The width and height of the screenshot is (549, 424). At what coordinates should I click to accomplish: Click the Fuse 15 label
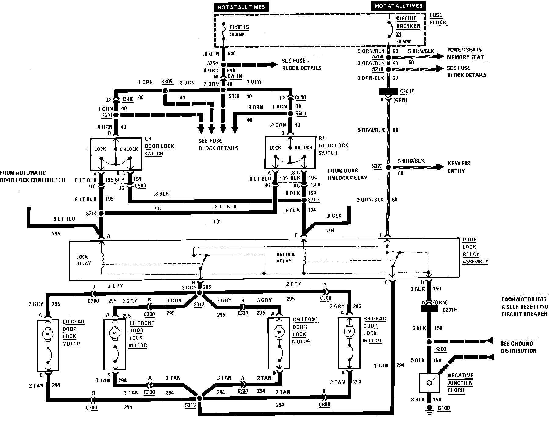tap(239, 27)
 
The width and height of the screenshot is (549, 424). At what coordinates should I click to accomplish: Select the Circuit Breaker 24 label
tap(408, 26)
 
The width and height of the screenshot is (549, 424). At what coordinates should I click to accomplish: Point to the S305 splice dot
tap(165, 90)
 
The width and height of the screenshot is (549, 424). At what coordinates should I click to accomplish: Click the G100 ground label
tap(443, 408)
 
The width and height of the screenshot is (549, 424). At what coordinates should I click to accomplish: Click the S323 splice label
tap(377, 166)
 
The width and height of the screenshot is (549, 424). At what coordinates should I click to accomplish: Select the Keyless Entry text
tap(459, 167)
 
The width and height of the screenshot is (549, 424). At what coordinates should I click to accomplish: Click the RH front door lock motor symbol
tap(279, 332)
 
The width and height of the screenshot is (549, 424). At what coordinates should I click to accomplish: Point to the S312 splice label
tap(199, 304)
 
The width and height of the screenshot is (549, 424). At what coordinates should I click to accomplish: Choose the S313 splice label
tap(190, 405)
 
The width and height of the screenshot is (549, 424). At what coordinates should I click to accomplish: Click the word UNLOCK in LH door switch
tap(129, 149)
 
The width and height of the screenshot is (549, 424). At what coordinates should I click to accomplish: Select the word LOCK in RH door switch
tap(275, 148)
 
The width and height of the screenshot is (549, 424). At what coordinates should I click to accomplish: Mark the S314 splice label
tap(91, 214)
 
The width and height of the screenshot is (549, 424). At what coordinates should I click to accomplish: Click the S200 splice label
tap(440, 349)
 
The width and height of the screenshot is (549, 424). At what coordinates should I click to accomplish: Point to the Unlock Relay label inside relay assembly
tap(285, 258)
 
